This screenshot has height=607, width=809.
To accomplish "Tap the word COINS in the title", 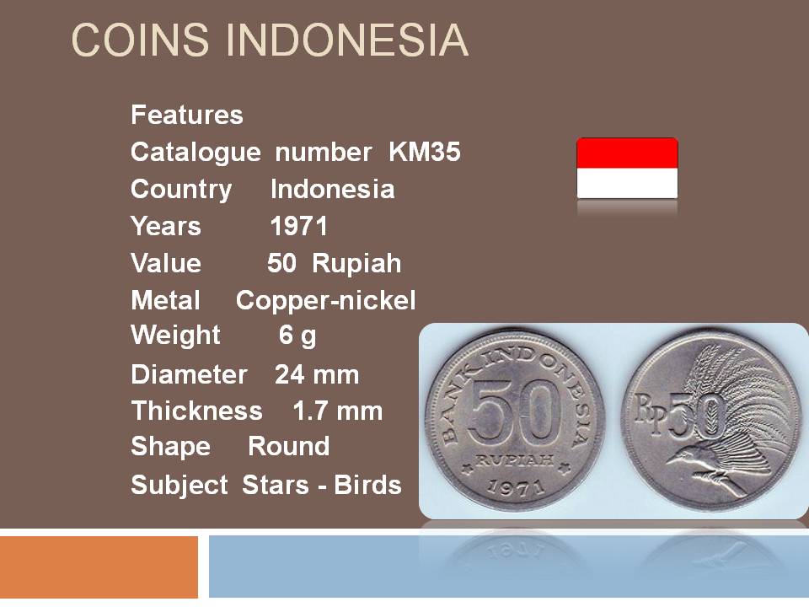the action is click(140, 40).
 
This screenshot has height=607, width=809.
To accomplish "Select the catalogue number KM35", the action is click(424, 152).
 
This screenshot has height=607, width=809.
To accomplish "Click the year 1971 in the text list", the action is click(298, 226).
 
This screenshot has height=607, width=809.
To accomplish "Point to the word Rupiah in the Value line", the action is click(356, 264).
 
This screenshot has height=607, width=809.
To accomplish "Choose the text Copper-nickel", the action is click(325, 300).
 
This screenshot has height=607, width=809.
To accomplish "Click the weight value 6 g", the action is click(297, 336).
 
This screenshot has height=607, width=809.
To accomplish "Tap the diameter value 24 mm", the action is click(317, 374).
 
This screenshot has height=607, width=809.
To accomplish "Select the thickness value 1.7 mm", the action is click(337, 411).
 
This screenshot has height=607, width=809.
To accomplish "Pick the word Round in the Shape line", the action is click(288, 446).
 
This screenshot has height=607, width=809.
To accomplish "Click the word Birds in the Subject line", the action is click(367, 485).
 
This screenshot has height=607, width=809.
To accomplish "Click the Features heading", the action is click(187, 115).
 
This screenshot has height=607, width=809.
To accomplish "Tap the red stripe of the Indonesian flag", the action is click(627, 153).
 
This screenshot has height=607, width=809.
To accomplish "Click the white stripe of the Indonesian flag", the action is click(627, 183).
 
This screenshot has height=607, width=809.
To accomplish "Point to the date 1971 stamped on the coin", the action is click(516, 486).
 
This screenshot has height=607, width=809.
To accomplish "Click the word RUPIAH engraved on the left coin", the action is click(514, 459).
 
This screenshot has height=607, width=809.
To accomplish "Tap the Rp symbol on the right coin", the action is click(651, 411).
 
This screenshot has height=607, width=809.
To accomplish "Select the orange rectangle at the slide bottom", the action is click(99, 567).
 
